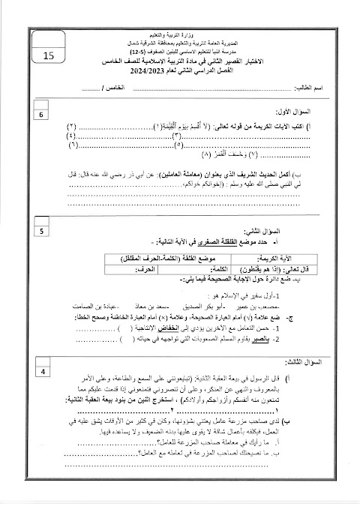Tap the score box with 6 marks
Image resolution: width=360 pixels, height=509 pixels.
42,115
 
